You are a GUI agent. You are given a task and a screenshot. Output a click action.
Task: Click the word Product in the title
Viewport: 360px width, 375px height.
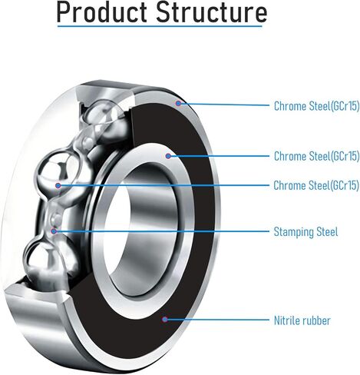tap(102, 12)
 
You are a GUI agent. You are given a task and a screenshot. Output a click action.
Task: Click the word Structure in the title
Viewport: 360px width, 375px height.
tap(212, 12)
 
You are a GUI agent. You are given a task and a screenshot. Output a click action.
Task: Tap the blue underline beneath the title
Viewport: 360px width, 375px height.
tap(160, 26)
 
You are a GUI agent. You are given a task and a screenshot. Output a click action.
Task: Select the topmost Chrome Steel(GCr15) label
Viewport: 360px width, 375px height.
tap(316, 106)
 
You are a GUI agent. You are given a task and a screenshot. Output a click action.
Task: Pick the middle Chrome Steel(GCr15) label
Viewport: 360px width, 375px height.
tap(316, 156)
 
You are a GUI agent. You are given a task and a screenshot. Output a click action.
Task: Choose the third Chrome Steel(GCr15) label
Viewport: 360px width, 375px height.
tap(316, 185)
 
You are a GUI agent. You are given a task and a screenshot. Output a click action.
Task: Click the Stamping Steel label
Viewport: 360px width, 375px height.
tap(306, 232)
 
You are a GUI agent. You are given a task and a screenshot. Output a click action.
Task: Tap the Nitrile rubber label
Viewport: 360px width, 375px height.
tap(302, 320)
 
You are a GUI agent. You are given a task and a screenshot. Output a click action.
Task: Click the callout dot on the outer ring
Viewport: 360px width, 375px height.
tap(179, 103)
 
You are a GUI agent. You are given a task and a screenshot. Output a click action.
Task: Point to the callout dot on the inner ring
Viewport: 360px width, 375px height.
tap(168, 156)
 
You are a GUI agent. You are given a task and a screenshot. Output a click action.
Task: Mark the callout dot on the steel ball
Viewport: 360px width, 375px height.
tap(58, 185)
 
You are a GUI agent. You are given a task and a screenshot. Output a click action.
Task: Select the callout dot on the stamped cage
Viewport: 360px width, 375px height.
tap(54, 231)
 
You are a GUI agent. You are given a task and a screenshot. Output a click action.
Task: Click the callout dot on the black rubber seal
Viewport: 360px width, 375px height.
tap(165, 319)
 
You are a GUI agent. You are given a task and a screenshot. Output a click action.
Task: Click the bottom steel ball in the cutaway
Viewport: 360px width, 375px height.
tap(50, 260)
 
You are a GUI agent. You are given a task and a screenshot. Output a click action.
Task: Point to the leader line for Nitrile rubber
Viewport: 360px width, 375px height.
tap(218, 320)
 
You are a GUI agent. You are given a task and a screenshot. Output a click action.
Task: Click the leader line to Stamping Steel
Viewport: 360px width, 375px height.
tap(162, 231)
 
